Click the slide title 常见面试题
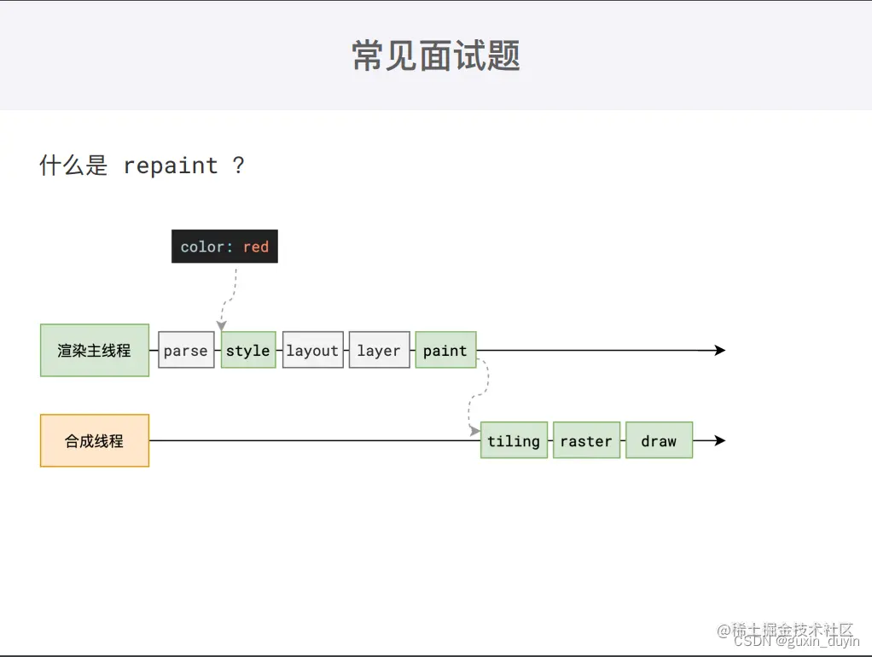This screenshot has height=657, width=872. point(436,56)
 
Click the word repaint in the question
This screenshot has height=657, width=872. point(171,166)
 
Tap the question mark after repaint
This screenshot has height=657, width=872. point(238,166)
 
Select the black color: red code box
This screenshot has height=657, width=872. point(224,247)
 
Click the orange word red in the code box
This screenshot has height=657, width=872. point(256,247)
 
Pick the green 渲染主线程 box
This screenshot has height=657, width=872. point(95,350)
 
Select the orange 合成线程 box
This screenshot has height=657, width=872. point(95,440)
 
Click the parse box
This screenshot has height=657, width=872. point(186,350)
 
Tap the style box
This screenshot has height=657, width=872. point(248,350)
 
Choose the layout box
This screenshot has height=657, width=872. point(312,350)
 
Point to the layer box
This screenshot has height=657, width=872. point(379,350)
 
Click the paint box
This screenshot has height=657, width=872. point(445,350)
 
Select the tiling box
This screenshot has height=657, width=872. point(514,440)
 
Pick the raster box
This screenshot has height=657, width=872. point(586,440)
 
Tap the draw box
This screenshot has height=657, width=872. point(659,440)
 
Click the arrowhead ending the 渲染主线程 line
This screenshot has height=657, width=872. point(719,350)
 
